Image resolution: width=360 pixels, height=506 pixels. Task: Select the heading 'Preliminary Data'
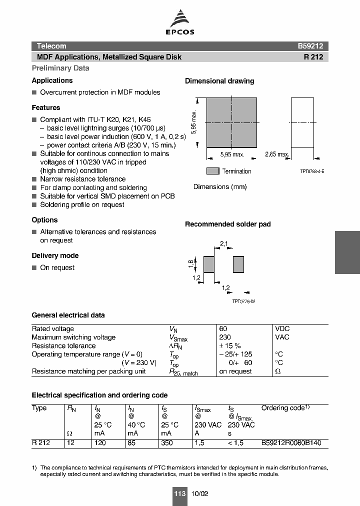click(60, 68)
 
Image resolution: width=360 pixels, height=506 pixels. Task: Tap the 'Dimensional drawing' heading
click(219, 81)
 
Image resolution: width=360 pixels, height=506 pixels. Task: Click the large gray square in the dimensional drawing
click(231, 122)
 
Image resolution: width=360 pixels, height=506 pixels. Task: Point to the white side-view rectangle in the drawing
click(302, 122)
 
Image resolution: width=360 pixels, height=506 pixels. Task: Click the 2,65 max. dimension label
click(276, 154)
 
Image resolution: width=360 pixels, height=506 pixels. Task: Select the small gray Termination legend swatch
click(213, 171)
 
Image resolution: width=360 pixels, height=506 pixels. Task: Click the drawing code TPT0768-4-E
click(312, 171)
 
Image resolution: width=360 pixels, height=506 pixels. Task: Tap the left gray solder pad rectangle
click(208, 264)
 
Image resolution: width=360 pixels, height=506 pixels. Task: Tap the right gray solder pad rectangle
click(238, 264)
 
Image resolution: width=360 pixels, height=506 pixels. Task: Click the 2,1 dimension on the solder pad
click(224, 244)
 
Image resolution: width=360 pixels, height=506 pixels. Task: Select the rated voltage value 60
click(223, 328)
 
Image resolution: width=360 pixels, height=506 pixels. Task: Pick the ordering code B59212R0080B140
click(291, 442)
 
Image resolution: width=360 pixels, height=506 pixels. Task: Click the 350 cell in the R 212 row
click(166, 442)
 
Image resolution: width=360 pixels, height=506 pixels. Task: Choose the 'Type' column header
click(39, 408)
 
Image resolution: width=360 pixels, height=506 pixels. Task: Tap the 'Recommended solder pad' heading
click(227, 224)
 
